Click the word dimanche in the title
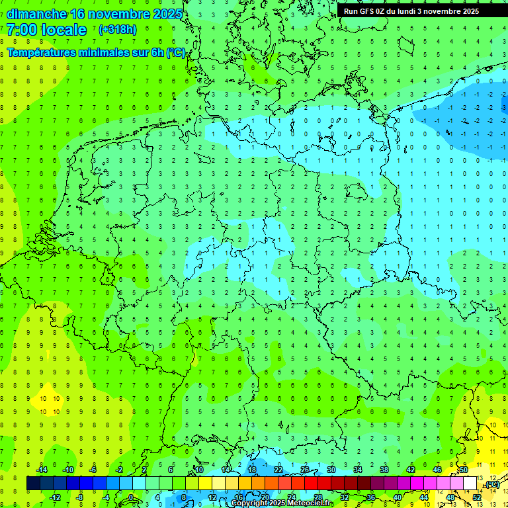click(36, 14)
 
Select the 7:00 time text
click(21, 30)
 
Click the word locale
click(63, 30)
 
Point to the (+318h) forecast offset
click(117, 30)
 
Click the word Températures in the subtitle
click(46, 52)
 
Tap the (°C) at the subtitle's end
click(176, 52)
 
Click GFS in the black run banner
click(367, 11)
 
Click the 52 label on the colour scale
click(476, 497)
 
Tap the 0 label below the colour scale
click(131, 497)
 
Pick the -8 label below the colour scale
click(80, 497)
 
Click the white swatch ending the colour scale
click(470, 484)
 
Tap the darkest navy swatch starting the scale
click(33, 484)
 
